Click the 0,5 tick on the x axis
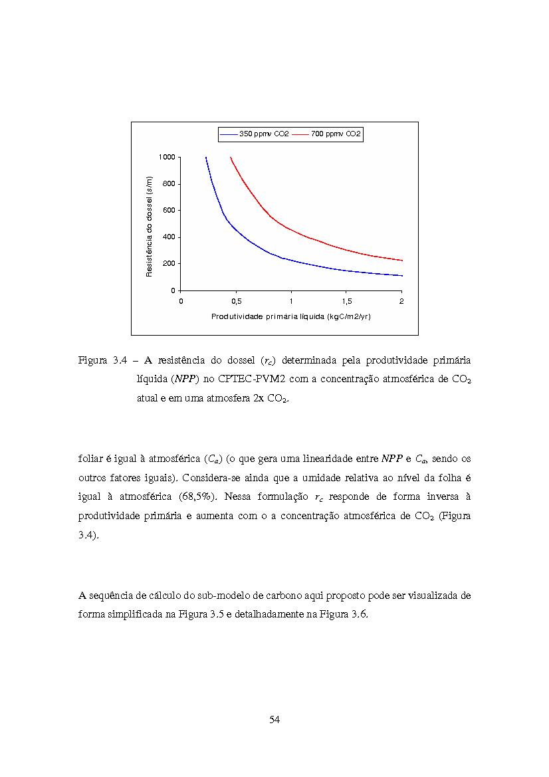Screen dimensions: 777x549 coord(236,301)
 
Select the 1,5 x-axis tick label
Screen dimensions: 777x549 coord(346,301)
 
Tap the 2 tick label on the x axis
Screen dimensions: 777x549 coord(401,301)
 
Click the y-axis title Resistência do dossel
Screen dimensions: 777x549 coord(150,225)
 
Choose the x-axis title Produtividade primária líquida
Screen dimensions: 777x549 coord(290,316)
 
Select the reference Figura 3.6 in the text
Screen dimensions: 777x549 coord(345,614)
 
